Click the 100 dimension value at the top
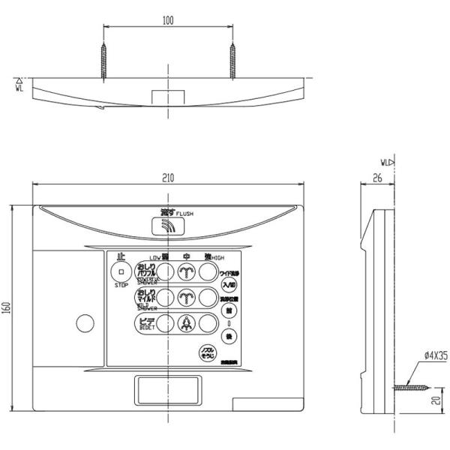pos(167,21)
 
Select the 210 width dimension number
pos(167,178)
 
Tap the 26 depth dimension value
pos(376,178)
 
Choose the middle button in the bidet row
pos(187,323)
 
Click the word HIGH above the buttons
pos(217,257)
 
